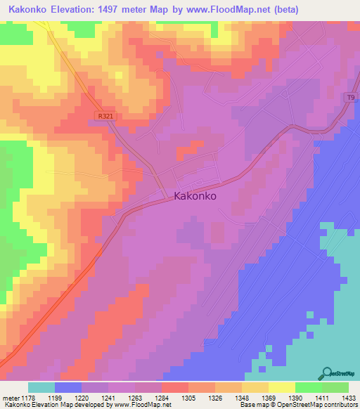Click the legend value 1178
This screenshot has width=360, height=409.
(x=29, y=397)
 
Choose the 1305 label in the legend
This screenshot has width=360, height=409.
(x=188, y=397)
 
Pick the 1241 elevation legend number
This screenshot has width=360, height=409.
(x=108, y=397)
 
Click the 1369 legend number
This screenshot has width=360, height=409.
(x=268, y=397)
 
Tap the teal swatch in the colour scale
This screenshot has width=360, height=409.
(x=41, y=387)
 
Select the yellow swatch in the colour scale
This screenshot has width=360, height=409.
(x=282, y=387)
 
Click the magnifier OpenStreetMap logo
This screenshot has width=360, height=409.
(x=327, y=373)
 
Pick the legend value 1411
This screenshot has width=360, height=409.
(x=308, y=397)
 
